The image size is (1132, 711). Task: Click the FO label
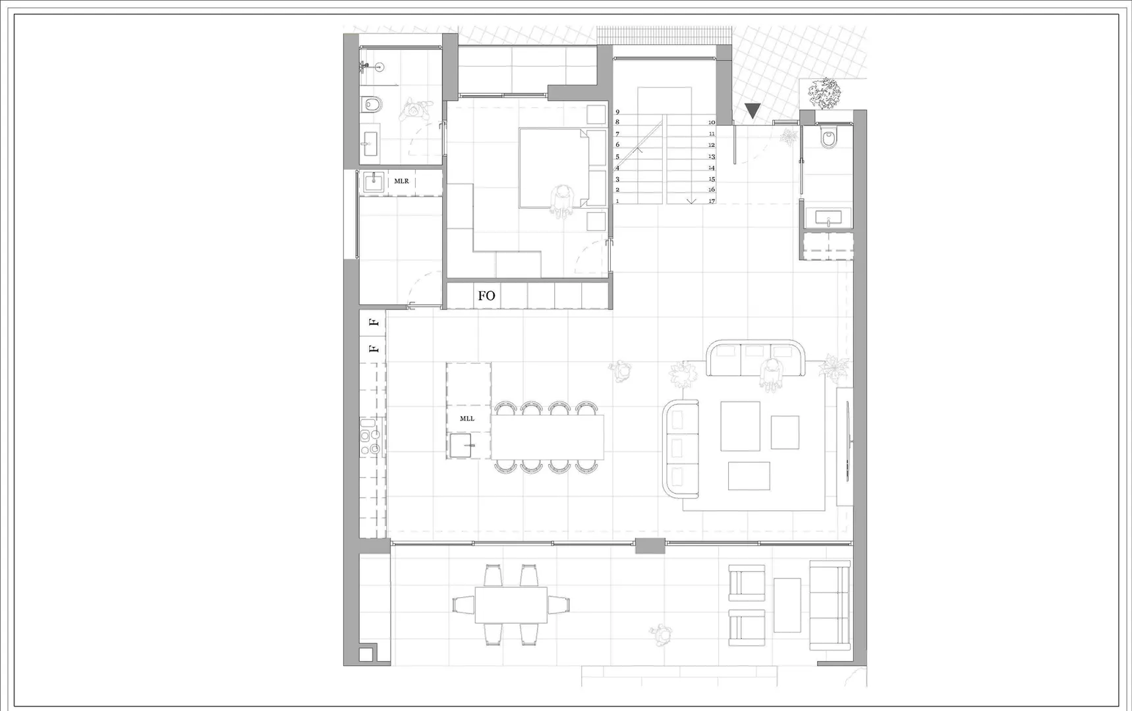pyautogui.click(x=486, y=296)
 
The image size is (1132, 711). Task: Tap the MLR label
pyautogui.click(x=401, y=181)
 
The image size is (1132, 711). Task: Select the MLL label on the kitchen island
pyautogui.click(x=467, y=419)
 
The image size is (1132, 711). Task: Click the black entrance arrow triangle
pyautogui.click(x=752, y=111)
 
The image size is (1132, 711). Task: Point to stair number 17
pyautogui.click(x=712, y=201)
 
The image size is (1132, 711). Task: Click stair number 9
pyautogui.click(x=617, y=112)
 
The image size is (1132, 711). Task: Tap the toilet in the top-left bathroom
pyautogui.click(x=372, y=104)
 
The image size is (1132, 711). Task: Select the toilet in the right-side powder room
pyautogui.click(x=828, y=138)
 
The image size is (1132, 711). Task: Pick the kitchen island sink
pyautogui.click(x=463, y=445)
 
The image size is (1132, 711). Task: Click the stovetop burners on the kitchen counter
pyautogui.click(x=370, y=437)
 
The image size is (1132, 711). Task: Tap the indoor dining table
pyautogui.click(x=548, y=437)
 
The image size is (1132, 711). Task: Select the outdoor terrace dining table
pyautogui.click(x=511, y=604)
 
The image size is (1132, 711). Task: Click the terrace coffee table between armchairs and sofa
pyautogui.click(x=787, y=605)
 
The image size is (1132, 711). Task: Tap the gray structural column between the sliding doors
pyautogui.click(x=650, y=545)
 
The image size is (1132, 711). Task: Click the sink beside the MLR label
pyautogui.click(x=374, y=181)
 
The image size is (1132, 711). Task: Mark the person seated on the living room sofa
pyautogui.click(x=772, y=375)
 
